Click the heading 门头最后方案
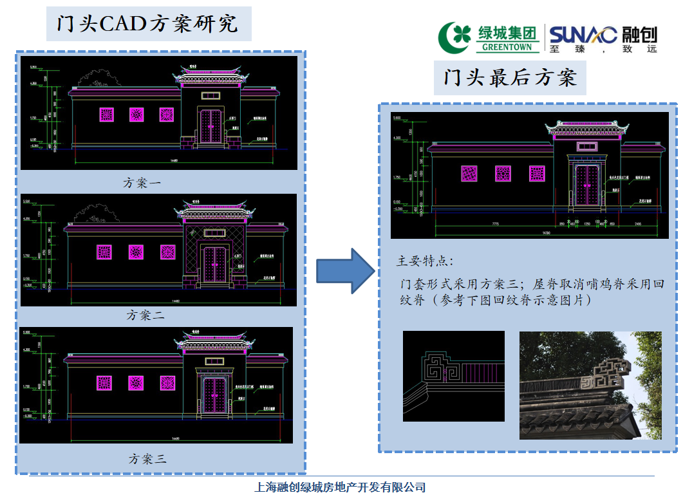click(x=509, y=78)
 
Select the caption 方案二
click(x=145, y=315)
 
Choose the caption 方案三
click(x=147, y=459)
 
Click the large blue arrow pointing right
click(x=344, y=270)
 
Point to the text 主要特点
click(x=425, y=261)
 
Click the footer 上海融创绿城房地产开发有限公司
click(x=341, y=487)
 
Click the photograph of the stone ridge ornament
click(x=590, y=385)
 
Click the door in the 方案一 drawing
click(x=211, y=127)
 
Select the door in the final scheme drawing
click(x=586, y=185)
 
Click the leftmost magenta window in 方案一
click(x=106, y=115)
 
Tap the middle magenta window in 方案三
click(x=136, y=383)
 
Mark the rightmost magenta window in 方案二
click(x=168, y=252)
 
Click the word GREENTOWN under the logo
click(x=508, y=47)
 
